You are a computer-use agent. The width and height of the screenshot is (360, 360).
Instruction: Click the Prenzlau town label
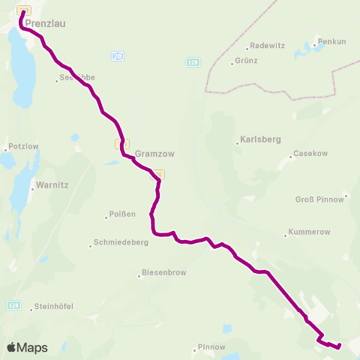click(45, 23)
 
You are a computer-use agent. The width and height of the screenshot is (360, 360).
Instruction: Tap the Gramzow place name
click(154, 153)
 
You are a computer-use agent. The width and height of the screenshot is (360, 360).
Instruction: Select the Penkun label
click(332, 41)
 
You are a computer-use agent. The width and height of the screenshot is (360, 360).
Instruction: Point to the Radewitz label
click(268, 45)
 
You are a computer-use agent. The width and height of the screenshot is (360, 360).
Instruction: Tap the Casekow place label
click(310, 153)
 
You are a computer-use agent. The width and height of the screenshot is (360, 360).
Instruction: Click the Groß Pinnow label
click(319, 199)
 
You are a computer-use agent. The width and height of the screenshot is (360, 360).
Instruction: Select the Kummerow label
click(307, 232)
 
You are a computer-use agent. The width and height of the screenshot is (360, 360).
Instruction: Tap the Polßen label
click(123, 214)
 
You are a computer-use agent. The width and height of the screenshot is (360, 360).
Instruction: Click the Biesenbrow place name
click(162, 274)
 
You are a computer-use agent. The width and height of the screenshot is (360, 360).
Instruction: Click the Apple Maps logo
click(27, 347)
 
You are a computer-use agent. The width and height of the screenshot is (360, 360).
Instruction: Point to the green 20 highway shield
click(117, 56)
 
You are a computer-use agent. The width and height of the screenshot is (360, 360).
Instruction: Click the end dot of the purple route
click(339, 346)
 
